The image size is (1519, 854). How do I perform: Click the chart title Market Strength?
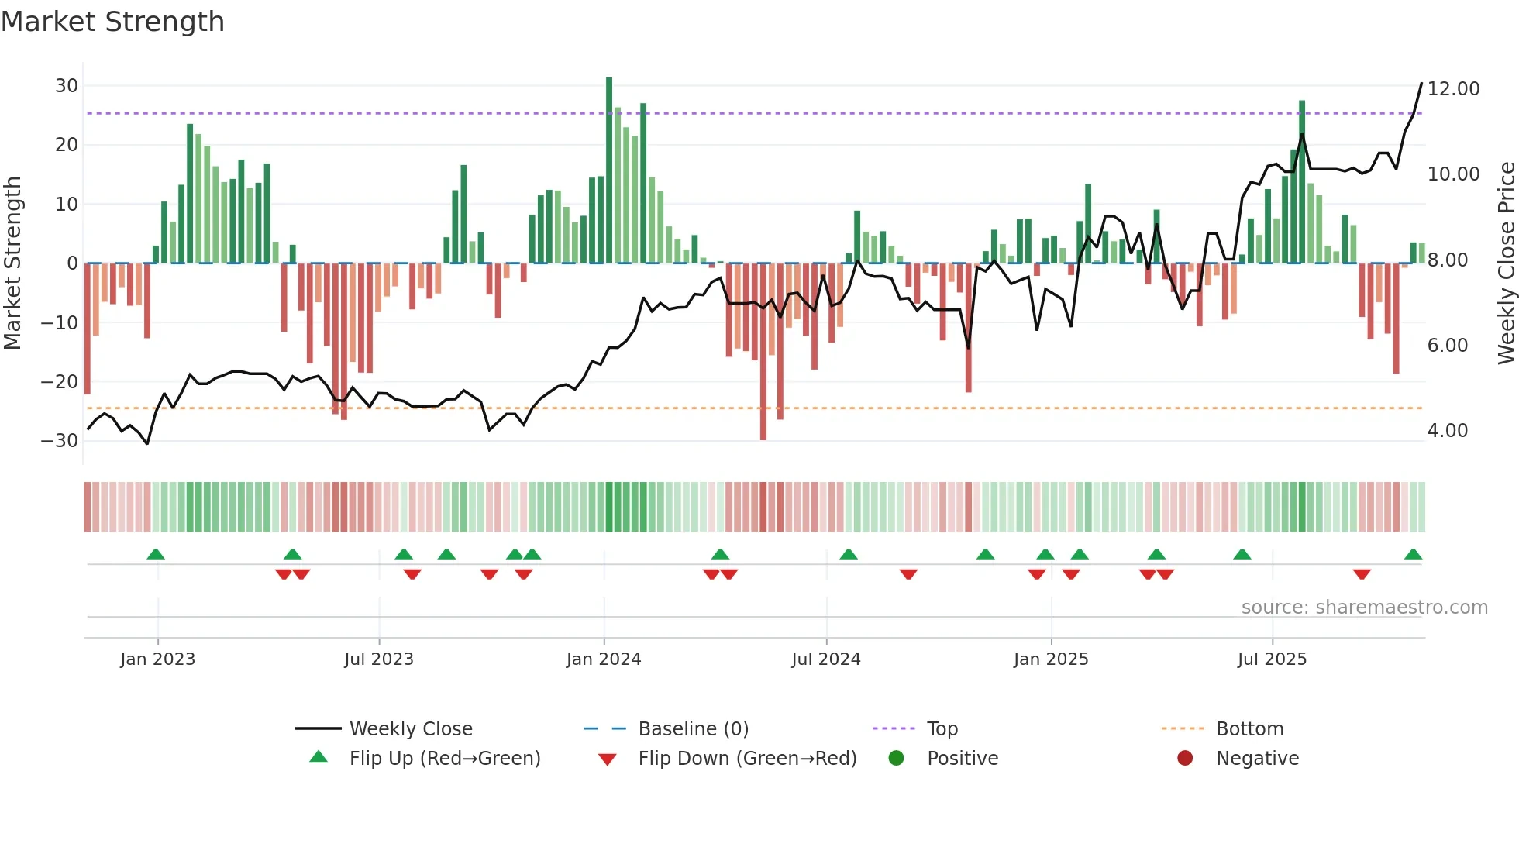(x=112, y=22)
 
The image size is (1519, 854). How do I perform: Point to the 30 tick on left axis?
(x=67, y=86)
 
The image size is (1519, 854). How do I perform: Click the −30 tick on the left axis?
(x=60, y=441)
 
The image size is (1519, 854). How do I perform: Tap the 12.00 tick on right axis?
(x=1453, y=89)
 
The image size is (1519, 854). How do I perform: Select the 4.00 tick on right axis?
(x=1447, y=431)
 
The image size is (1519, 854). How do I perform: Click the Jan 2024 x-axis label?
(x=604, y=659)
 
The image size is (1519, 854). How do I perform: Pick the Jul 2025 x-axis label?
(x=1272, y=659)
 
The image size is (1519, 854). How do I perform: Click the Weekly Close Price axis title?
(x=1506, y=263)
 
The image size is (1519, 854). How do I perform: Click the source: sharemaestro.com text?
(x=1364, y=608)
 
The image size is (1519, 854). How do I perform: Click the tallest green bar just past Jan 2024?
(x=609, y=170)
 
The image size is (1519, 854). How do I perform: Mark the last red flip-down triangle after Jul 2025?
(x=1362, y=574)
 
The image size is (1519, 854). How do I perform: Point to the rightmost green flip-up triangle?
(x=1413, y=555)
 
